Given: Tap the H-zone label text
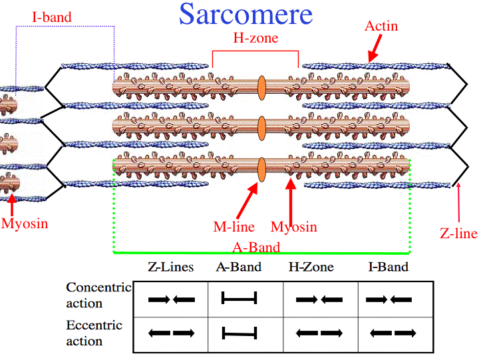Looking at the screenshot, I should coord(255,38).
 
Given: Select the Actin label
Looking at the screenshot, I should coord(381,26).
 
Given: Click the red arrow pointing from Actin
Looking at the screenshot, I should coord(375,48).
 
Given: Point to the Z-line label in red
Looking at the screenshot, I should coord(458,233).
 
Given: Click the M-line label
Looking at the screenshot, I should coord(234,227).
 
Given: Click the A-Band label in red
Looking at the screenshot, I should coord(255,247).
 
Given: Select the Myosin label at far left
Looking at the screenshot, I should coord(25,223).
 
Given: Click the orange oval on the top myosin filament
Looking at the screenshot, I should coord(261,87).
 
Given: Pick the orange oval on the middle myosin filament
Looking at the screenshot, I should coord(261,126).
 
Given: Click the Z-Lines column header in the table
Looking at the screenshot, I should coord(170,268).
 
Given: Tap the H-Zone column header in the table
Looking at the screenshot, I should coord(311,268).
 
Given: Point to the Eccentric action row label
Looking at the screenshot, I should coord(94,333).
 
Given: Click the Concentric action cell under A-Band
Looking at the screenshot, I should coord(239,300).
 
